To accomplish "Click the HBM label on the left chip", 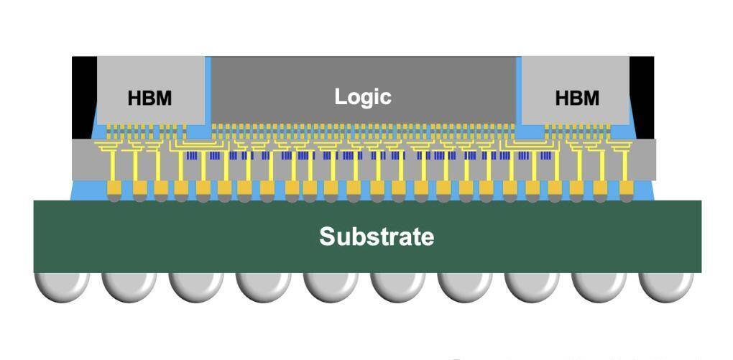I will tap(149, 98).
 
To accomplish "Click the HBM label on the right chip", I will tap(576, 98).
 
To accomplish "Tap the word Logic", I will tap(363, 96).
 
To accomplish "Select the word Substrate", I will tap(377, 236).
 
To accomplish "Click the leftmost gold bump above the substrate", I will tap(114, 188).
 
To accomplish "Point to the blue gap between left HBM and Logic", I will tap(208, 93).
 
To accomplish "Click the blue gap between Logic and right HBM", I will tap(518, 93).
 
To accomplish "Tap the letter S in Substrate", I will tap(328, 236).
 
